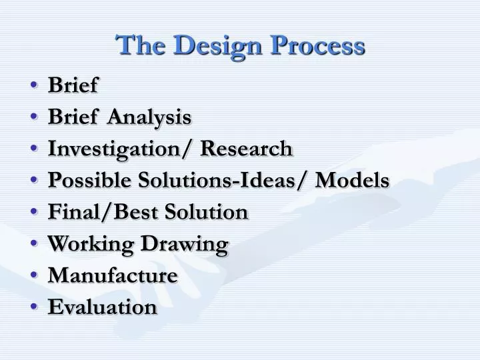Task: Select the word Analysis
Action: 149,117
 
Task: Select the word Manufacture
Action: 113,275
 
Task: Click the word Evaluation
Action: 103,307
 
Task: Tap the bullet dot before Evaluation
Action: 34,307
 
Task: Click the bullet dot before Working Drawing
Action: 34,244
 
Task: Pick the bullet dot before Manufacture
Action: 34,275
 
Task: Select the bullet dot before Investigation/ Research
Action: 34,149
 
